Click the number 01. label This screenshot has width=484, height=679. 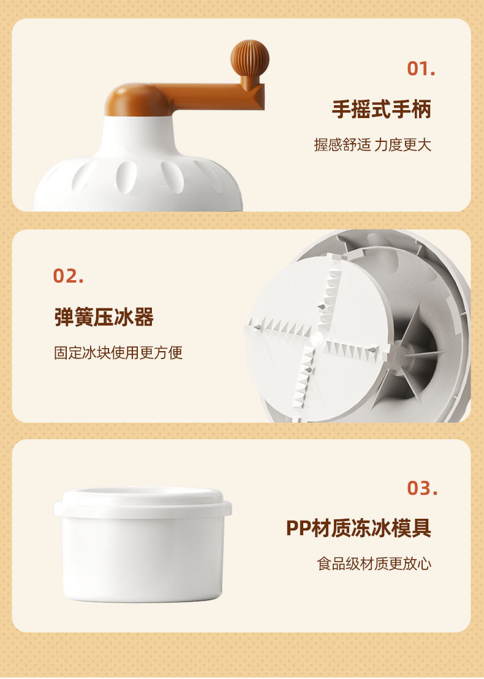[421, 69]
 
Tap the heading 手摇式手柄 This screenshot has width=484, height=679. [382, 109]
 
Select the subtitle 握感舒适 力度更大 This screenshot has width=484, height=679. [372, 144]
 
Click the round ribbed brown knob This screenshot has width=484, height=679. [250, 59]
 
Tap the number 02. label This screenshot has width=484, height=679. [68, 276]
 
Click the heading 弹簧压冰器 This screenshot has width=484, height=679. [104, 316]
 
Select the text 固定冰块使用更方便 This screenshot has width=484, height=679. [118, 352]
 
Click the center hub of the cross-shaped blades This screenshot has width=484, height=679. [316, 338]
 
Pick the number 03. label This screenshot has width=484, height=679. [422, 488]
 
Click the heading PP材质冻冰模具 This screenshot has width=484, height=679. [358, 528]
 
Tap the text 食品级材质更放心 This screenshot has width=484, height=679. [374, 564]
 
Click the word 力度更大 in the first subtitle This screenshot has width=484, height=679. [403, 144]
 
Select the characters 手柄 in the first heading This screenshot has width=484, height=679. [412, 109]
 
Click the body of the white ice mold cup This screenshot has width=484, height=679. [143, 558]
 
